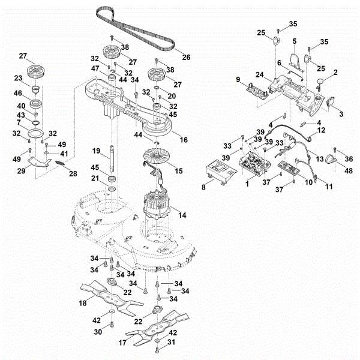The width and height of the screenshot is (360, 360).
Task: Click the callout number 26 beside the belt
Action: (186, 58)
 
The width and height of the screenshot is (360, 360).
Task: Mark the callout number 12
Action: (322, 130)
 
